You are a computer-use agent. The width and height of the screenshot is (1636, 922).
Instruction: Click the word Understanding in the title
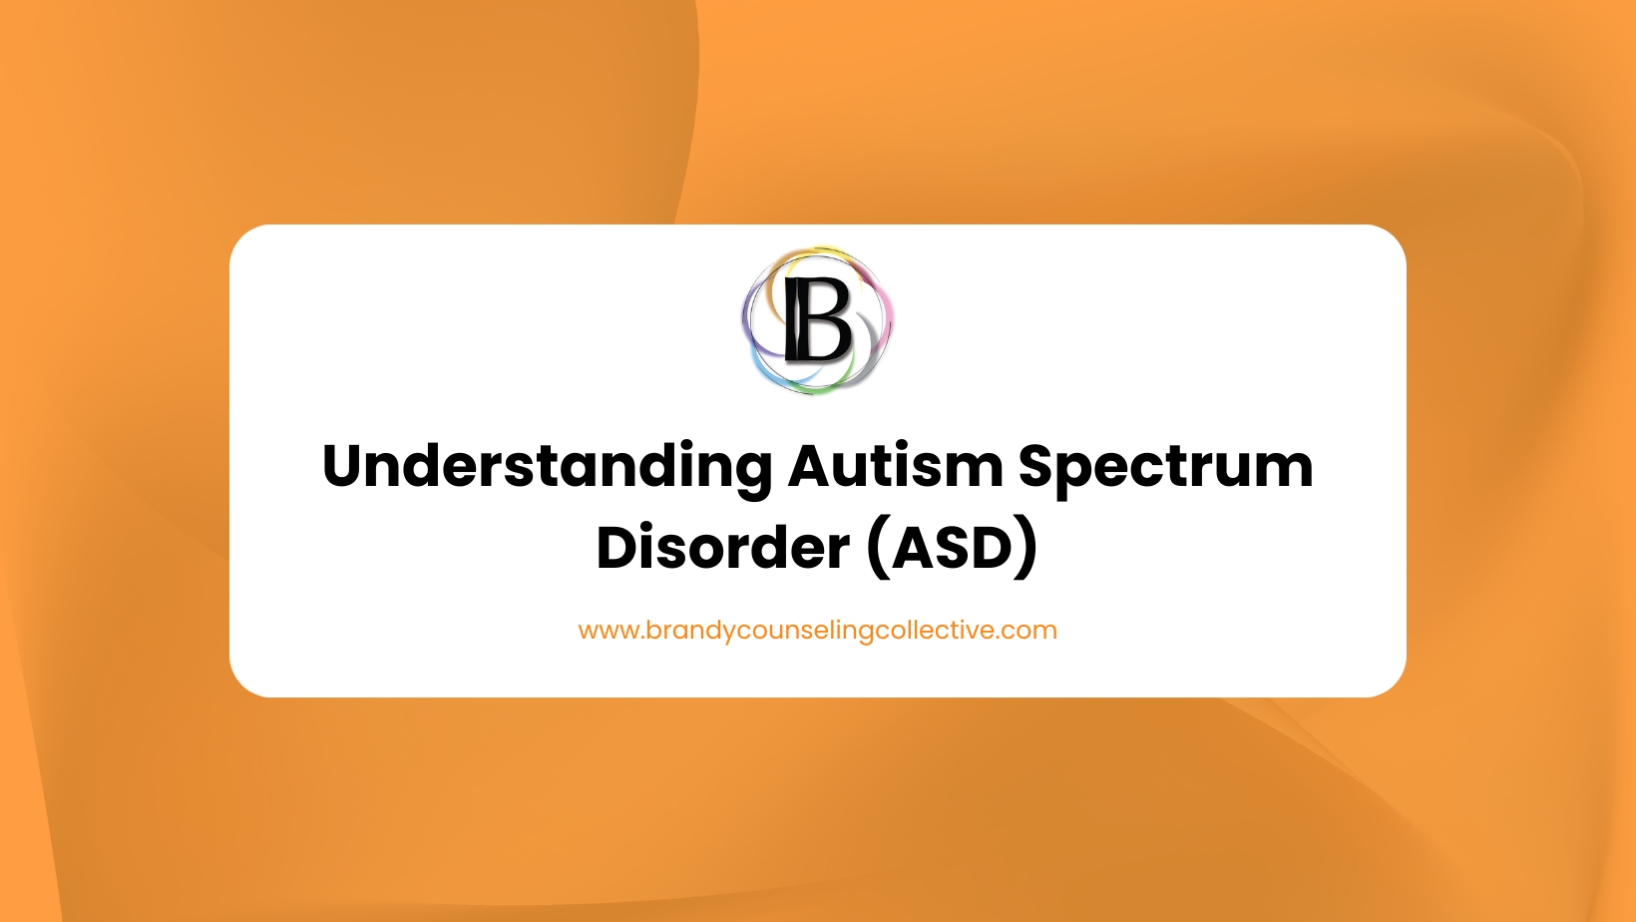(547, 467)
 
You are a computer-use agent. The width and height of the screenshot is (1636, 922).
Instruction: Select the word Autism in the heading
(895, 467)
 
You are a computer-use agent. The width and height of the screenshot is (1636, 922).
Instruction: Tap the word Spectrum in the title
(1165, 467)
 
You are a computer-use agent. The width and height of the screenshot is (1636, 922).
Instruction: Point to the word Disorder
(722, 548)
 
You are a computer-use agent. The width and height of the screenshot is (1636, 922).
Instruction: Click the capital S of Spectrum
(1037, 466)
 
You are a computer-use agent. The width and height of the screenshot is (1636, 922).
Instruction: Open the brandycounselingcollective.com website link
(817, 631)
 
